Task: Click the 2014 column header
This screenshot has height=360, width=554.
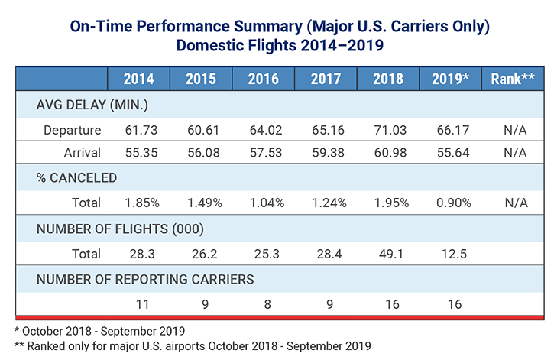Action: tap(138, 79)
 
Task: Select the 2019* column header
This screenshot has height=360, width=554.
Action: tap(450, 79)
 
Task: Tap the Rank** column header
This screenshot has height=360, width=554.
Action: tap(512, 79)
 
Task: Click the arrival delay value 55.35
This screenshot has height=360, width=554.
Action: tap(138, 153)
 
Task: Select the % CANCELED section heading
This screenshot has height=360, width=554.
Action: tap(77, 178)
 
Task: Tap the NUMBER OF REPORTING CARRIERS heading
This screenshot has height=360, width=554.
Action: tap(145, 278)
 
